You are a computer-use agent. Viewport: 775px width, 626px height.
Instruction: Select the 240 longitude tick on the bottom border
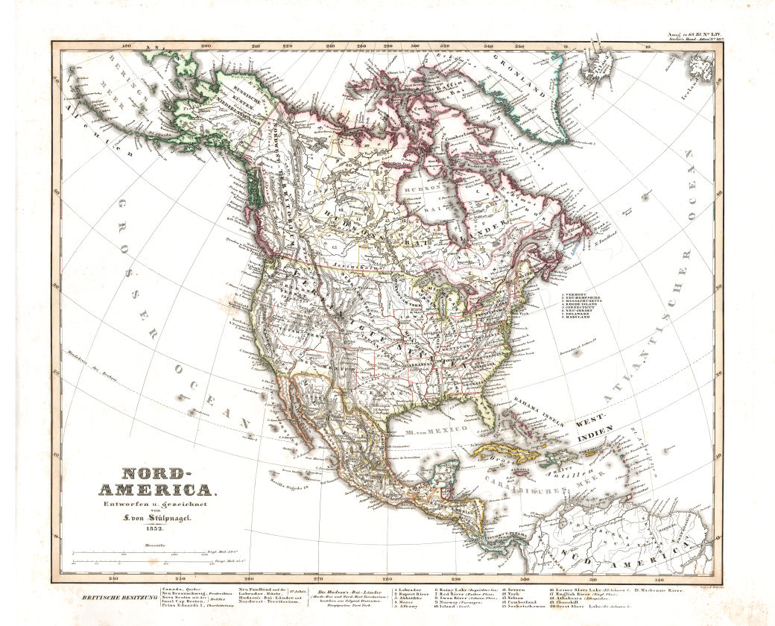click(113, 578)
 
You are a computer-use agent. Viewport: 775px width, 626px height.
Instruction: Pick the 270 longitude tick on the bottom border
click(318, 578)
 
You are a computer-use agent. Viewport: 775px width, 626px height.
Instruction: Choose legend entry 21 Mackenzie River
click(661, 589)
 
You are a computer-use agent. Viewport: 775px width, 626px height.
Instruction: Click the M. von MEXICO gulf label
click(435, 430)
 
